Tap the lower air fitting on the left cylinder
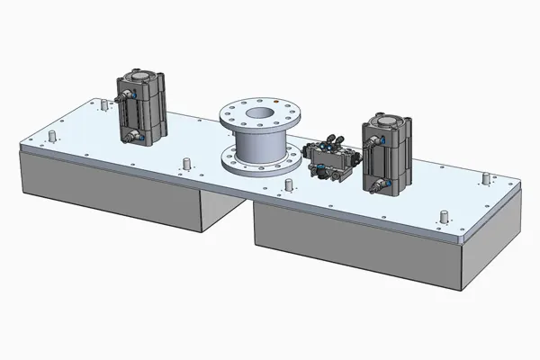[x=134, y=136]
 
